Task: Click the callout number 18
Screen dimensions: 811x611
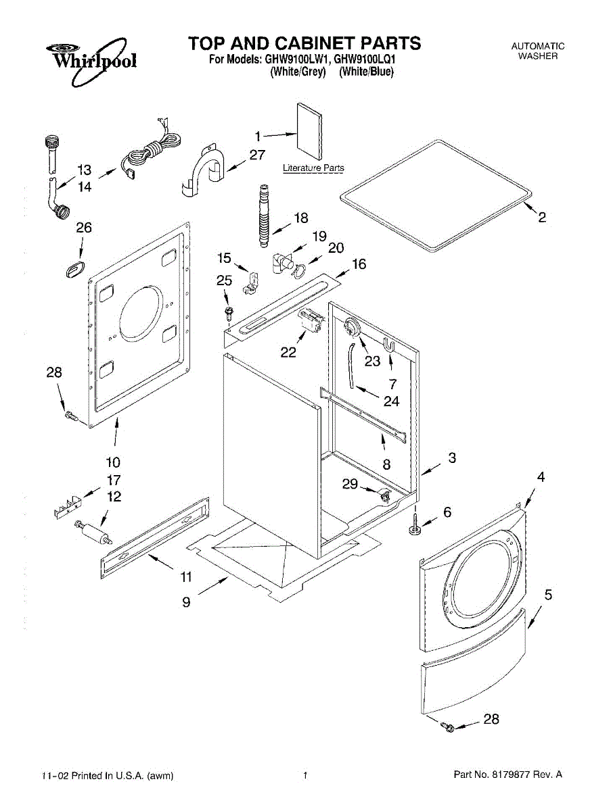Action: (300, 218)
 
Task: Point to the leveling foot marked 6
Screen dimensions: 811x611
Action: (414, 526)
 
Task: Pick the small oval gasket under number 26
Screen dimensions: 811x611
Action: (75, 269)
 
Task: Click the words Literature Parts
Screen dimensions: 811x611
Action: (313, 168)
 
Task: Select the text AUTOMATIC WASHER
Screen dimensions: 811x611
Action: (538, 51)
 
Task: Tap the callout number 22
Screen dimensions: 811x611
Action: (288, 352)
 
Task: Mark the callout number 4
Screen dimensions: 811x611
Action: (540, 477)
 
